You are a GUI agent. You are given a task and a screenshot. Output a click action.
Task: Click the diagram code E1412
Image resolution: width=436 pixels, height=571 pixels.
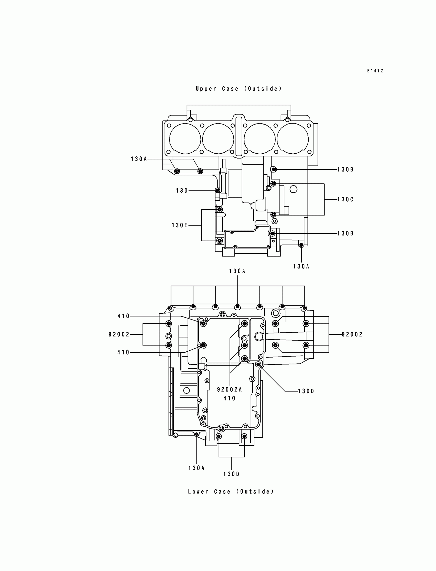(x=375, y=71)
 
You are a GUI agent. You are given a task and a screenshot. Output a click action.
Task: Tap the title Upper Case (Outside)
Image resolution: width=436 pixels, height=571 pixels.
(x=239, y=89)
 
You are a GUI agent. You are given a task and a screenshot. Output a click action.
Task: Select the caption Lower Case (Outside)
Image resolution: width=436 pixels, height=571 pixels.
(x=231, y=492)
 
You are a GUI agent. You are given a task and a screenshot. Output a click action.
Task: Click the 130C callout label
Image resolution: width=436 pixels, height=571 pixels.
(x=345, y=200)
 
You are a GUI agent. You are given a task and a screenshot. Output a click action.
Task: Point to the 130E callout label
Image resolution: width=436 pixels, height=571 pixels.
(x=180, y=225)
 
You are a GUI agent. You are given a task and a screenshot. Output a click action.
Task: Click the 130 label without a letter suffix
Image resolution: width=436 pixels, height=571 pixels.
(x=182, y=191)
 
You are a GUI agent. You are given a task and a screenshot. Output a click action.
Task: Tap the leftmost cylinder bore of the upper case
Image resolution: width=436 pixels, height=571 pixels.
(x=185, y=139)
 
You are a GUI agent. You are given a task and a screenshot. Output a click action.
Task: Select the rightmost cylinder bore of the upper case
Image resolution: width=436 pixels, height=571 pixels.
(x=292, y=139)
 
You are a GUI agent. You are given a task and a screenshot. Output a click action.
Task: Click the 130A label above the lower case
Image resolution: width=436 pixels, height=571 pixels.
(x=237, y=271)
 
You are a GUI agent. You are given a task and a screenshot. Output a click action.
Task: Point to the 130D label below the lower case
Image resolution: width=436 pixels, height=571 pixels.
(x=232, y=474)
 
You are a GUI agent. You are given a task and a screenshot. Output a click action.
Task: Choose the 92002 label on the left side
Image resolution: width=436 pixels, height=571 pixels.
(x=119, y=334)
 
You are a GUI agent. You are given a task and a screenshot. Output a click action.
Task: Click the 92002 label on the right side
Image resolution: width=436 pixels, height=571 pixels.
(x=352, y=334)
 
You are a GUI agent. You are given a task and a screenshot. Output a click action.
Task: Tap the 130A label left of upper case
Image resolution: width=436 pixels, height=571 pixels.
(x=139, y=159)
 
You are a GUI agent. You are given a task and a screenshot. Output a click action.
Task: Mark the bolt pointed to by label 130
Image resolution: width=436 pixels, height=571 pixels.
(x=217, y=191)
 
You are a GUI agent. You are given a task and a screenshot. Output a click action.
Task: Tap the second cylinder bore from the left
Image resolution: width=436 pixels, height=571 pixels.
(x=218, y=139)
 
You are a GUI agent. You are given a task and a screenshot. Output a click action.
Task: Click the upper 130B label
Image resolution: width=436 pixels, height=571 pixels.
(x=345, y=170)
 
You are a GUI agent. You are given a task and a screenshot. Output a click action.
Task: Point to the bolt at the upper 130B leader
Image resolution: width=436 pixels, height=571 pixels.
(x=274, y=170)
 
